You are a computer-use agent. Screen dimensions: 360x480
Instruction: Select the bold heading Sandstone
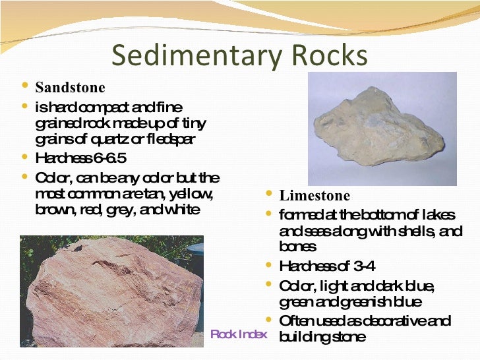coord(70,88)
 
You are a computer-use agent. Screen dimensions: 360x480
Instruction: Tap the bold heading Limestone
coord(315,196)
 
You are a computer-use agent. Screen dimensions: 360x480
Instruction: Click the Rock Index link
coord(238,334)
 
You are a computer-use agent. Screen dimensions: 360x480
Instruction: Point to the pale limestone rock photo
coord(382,129)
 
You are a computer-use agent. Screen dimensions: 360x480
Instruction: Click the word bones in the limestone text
coord(298,247)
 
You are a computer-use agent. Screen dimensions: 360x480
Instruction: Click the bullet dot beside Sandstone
coord(24,86)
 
